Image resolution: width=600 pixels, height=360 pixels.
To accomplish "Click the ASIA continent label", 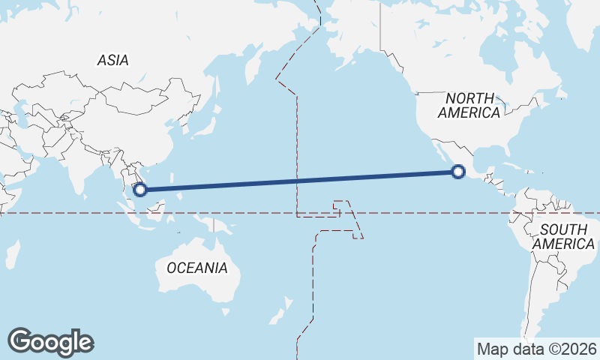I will point(112,61).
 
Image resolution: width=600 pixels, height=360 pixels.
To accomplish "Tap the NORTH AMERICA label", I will point(469,105).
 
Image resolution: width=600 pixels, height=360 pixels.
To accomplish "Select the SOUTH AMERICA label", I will point(563,236).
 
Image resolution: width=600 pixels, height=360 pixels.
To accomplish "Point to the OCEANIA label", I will point(196,268).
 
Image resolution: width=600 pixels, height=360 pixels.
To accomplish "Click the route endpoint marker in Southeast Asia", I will point(139,189).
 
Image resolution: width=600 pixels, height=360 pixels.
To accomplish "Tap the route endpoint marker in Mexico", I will point(459,172).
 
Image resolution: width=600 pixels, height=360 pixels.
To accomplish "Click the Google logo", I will point(50,342).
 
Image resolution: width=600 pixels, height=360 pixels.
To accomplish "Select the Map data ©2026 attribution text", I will point(536,349).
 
